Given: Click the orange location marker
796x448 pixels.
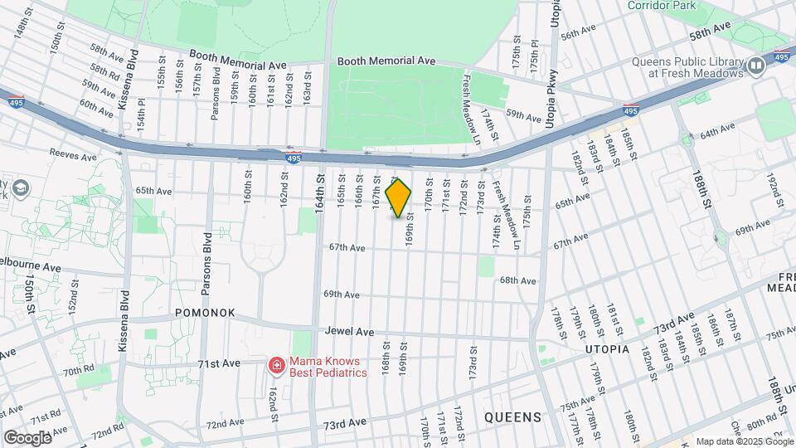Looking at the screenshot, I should (x=399, y=198).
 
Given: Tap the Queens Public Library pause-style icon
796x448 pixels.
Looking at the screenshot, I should (x=755, y=66).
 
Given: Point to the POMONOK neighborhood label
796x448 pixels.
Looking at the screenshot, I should (x=205, y=313).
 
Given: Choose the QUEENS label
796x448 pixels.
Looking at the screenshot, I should (x=512, y=416).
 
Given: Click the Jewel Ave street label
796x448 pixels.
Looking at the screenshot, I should (x=349, y=331).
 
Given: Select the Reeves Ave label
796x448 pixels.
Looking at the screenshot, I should (x=69, y=153).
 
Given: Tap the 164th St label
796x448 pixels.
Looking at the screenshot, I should (x=319, y=191).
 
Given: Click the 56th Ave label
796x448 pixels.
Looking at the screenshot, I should (x=578, y=33).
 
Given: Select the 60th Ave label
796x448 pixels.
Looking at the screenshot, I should (x=96, y=108).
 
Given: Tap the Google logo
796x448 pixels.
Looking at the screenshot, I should (x=27, y=437).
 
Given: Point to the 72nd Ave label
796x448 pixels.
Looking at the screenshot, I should (x=226, y=425).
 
